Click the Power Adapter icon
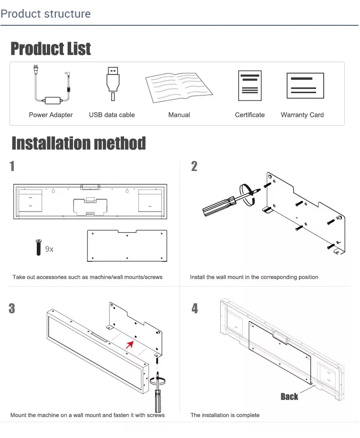tap(52, 86)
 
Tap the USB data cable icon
tap(112, 83)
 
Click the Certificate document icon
tap(250, 85)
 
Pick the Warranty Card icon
tap(305, 85)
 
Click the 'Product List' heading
tap(51, 49)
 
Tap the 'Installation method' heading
tap(78, 143)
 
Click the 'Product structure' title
tap(46, 13)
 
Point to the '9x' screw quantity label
tap(49, 249)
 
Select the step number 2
tap(194, 166)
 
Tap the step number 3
tap(12, 309)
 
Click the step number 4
tap(195, 309)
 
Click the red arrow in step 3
tap(129, 344)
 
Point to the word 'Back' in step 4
tap(289, 396)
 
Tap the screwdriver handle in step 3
tap(157, 400)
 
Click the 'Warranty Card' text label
tap(302, 115)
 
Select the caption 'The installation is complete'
tap(225, 415)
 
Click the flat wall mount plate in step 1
tap(127, 246)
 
